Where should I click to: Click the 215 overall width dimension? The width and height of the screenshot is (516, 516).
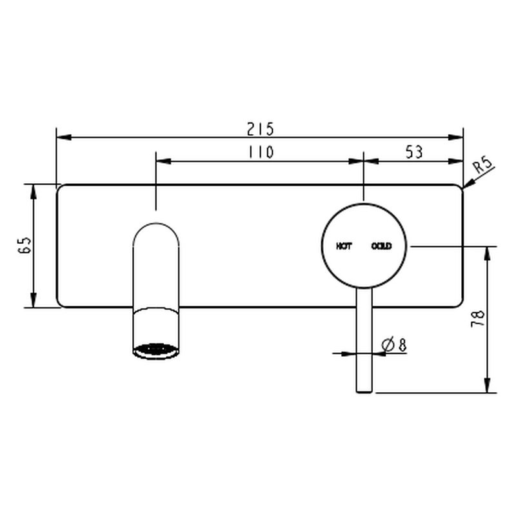(x=261, y=129)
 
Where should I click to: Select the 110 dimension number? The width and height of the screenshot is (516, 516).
(x=261, y=152)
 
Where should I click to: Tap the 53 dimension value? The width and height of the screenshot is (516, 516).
(x=414, y=152)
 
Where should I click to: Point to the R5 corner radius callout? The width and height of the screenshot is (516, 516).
(x=482, y=165)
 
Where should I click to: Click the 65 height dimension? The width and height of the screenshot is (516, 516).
(x=25, y=245)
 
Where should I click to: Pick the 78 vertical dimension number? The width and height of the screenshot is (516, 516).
(x=478, y=318)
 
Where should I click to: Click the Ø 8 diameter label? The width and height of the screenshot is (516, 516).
(x=394, y=344)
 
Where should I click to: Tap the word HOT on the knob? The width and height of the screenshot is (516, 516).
(x=344, y=246)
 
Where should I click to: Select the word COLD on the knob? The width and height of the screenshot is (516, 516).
(x=381, y=246)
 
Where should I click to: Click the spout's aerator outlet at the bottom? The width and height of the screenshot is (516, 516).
(x=156, y=350)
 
